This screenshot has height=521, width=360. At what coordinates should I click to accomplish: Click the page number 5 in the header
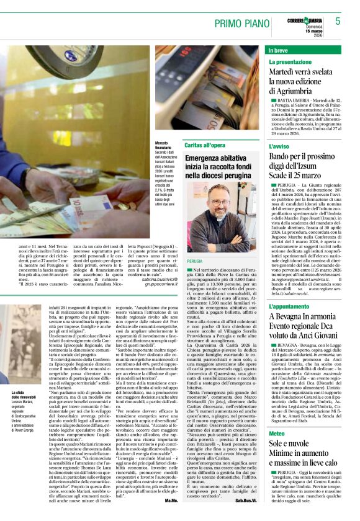coord(339,20)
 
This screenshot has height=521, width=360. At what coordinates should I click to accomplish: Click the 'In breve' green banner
coord(279,49)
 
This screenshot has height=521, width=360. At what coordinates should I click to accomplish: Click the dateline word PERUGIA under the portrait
coord(194,262)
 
